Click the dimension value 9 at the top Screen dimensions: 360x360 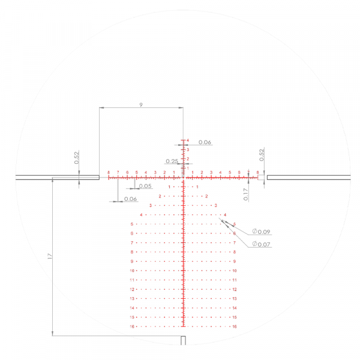pos(141,104)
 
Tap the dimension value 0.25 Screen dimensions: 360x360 pos(172,161)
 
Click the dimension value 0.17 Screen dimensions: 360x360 pos(245,194)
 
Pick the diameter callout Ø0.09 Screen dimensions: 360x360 pos(262,232)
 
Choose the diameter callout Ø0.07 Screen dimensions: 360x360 pos(262,244)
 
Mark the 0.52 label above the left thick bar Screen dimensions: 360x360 pos(77,157)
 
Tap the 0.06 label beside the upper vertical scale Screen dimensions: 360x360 pos(205,142)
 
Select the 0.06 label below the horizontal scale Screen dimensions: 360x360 pos(130,199)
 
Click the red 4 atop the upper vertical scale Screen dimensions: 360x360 pos(187,140)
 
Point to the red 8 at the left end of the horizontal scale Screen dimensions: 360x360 pos(109,172)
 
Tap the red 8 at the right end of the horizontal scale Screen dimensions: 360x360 pos(257,172)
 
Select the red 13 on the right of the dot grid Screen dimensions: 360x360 pos(235,298)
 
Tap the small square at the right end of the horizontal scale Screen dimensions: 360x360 pos(261,178)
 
